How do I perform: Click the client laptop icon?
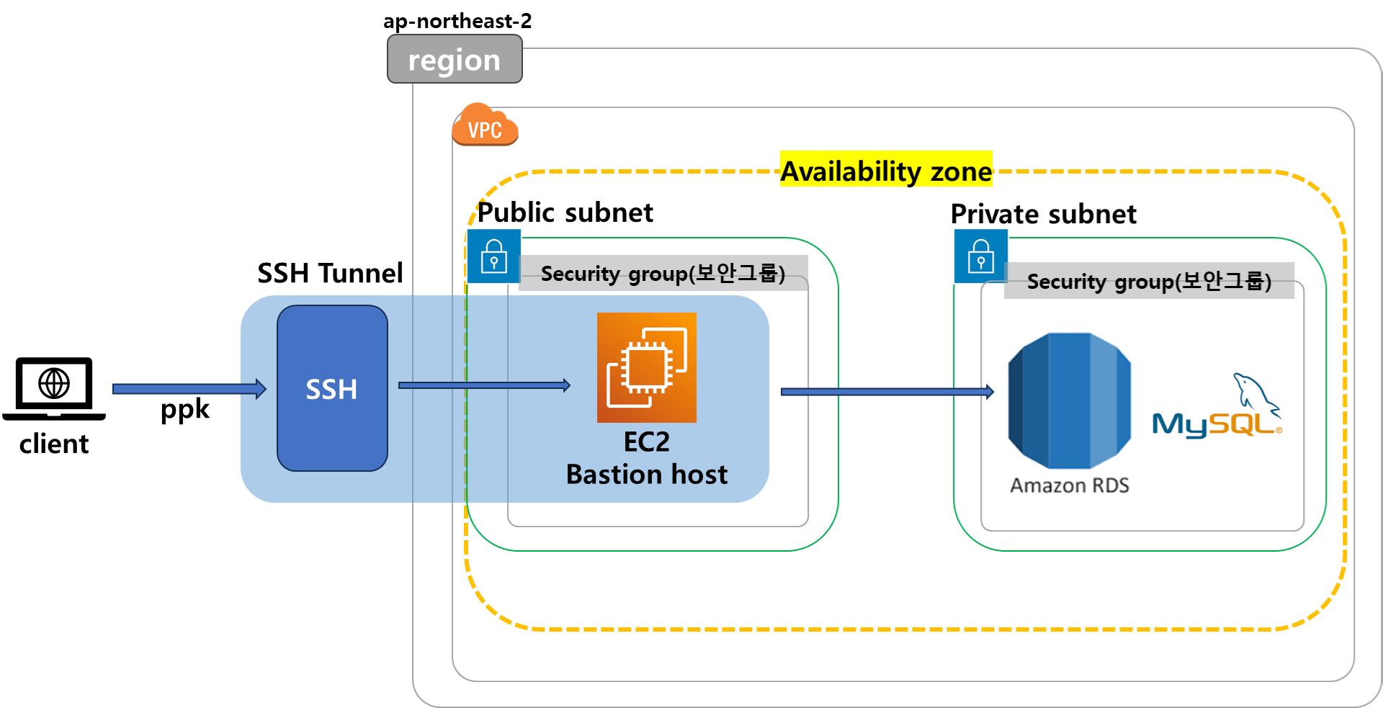[54, 389]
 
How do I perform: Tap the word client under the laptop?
[54, 444]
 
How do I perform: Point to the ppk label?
[185, 410]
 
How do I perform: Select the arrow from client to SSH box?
[189, 389]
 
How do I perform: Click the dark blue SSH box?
[332, 388]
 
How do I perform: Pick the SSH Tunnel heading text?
[330, 273]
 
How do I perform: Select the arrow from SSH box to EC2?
[484, 385]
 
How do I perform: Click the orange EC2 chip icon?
[647, 367]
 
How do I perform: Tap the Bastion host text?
[647, 475]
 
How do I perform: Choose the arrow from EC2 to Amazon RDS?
[887, 392]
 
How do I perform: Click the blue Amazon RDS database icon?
[1070, 400]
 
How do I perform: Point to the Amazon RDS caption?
[1070, 485]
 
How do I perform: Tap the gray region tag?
[455, 59]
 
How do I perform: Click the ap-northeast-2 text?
[457, 21]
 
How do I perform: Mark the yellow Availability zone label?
[886, 170]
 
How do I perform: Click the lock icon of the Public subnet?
[494, 256]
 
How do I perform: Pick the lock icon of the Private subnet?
[981, 256]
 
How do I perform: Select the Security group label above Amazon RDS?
[1150, 281]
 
